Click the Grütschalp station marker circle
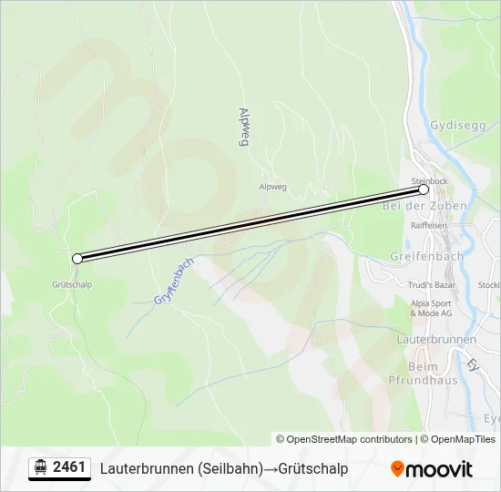[77, 259]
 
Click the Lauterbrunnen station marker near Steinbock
[424, 190]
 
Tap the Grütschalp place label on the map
[72, 284]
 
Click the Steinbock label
[430, 181]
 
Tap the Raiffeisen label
[430, 224]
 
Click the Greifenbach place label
[426, 256]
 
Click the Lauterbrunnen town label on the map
[436, 339]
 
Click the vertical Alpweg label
[243, 126]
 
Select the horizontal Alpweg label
[273, 187]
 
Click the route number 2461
[69, 467]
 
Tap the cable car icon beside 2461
[40, 467]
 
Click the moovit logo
[432, 469]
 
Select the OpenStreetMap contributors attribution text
[343, 439]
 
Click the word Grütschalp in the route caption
[313, 468]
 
